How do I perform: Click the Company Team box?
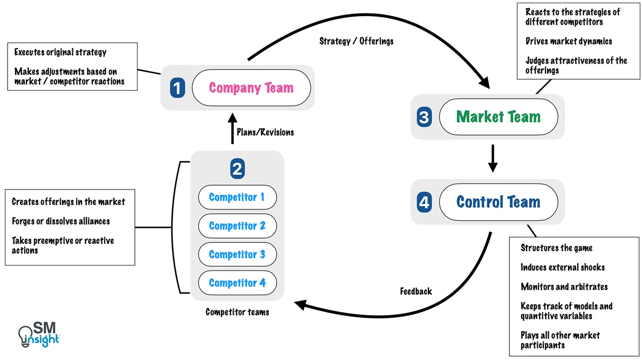point(251,87)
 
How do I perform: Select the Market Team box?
point(498,117)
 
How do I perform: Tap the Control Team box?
point(498,202)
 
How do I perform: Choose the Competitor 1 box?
point(237,198)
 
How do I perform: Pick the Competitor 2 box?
point(237,226)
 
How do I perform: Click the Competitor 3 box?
point(237,254)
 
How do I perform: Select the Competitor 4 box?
point(237,283)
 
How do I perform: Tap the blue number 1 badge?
point(177,88)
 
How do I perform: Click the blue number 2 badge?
point(237,169)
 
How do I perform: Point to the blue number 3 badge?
point(424,117)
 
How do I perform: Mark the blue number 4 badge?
point(424,202)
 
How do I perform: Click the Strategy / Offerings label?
point(356,41)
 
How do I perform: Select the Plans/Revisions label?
point(265,132)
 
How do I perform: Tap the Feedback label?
point(416,291)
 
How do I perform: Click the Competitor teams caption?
point(237,312)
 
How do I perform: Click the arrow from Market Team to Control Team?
point(492,158)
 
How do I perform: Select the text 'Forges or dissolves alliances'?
point(61,221)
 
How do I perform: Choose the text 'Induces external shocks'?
point(563,267)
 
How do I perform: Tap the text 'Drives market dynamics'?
point(569,41)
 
